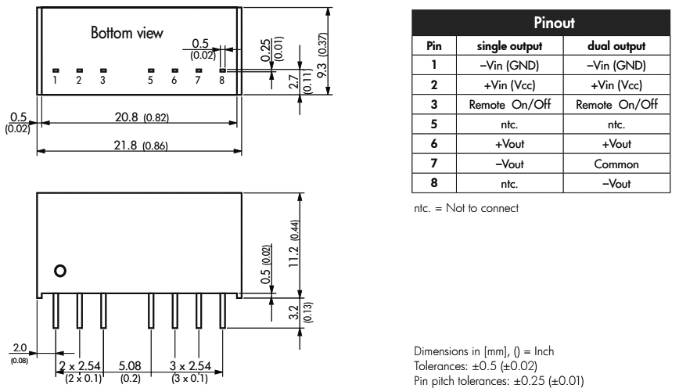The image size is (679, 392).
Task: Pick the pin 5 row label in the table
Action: [433, 123]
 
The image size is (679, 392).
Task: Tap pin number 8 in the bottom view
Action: [221, 80]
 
